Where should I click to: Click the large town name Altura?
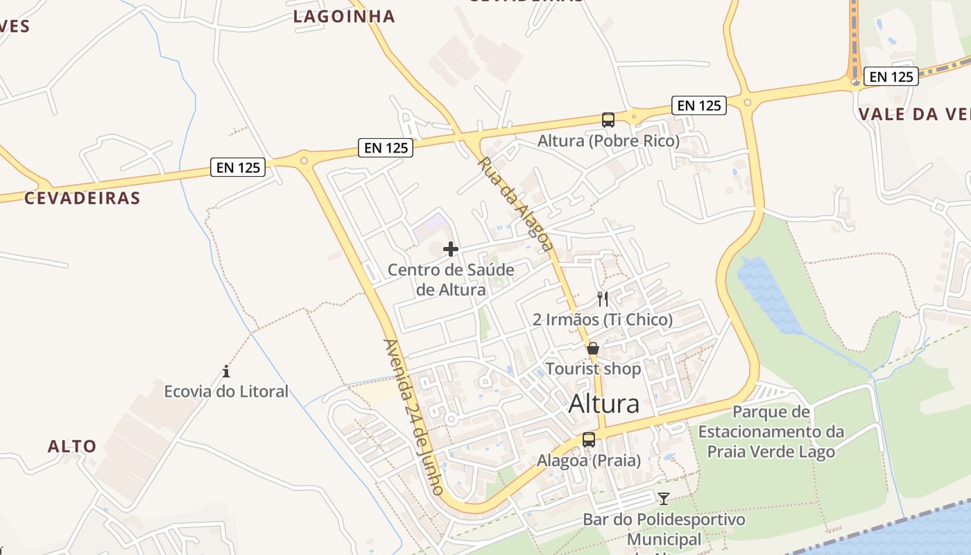point(603,404)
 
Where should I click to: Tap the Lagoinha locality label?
point(344,17)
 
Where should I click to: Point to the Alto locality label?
point(72,446)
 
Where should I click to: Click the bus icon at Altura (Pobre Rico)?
point(608,120)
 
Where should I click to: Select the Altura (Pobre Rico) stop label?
point(608,141)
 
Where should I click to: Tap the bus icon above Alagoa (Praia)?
point(589,439)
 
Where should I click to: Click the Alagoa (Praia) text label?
point(589,460)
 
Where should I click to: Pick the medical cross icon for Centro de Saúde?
point(451,249)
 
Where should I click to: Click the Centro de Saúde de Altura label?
point(451,279)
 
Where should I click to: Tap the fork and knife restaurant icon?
point(603,299)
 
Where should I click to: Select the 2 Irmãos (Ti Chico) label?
point(603,320)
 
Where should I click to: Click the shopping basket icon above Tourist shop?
point(593,348)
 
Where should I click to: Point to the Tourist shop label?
point(593,369)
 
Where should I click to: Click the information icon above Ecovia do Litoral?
point(226,371)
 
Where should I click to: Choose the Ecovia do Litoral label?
point(226,391)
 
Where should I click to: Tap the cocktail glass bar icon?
point(664,498)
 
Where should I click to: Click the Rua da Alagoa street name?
point(515,203)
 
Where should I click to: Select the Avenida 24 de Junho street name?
point(413,416)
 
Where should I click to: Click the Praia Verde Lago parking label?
point(771,432)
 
